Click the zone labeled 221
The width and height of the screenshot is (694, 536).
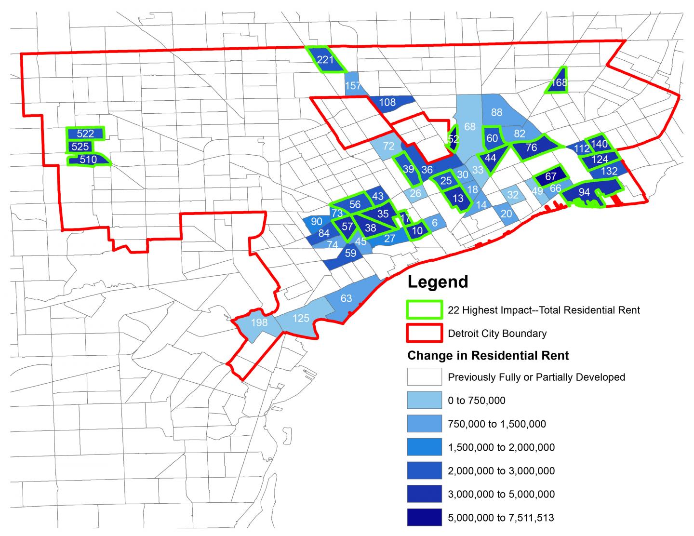[325, 60]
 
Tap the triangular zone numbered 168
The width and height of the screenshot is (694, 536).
[559, 82]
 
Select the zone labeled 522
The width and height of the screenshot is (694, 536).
[85, 134]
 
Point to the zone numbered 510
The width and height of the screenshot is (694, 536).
[88, 160]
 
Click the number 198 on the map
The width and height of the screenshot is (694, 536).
[259, 322]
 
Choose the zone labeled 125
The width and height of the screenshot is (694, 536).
[301, 319]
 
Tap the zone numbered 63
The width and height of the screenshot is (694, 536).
[346, 298]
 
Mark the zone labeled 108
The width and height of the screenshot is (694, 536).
[387, 102]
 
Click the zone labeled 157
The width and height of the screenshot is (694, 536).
[353, 86]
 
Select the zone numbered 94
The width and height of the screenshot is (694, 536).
[584, 192]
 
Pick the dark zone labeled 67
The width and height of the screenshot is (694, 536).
[551, 177]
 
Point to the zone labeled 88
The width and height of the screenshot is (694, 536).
[496, 112]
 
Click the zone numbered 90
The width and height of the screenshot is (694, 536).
[316, 222]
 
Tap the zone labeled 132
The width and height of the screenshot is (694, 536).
[609, 171]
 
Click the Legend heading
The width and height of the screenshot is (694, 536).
[438, 281]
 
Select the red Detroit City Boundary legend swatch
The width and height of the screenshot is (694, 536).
[424, 333]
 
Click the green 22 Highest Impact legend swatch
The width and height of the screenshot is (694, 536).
[424, 310]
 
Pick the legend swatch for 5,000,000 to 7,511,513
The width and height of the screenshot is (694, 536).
[424, 518]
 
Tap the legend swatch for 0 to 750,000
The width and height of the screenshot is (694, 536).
[424, 400]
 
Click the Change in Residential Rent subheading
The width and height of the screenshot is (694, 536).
[488, 356]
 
